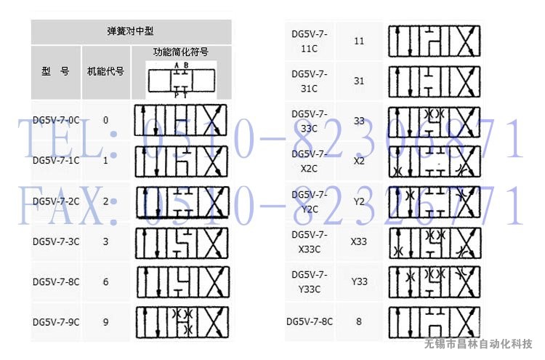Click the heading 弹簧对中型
click(131, 31)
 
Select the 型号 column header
click(55, 71)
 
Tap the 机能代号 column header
click(105, 71)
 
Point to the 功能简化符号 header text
click(181, 52)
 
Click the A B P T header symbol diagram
click(181, 80)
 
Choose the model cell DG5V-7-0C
click(56, 120)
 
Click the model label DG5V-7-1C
click(56, 160)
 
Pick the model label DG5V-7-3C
click(56, 241)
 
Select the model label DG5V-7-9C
click(56, 321)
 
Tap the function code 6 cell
click(106, 281)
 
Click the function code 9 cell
click(106, 321)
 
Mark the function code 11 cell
click(359, 41)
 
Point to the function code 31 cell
click(359, 81)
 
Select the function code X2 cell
click(359, 161)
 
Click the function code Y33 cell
click(359, 281)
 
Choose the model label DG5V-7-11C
click(310, 41)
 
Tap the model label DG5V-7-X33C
click(310, 241)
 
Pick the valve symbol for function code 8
click(435, 321)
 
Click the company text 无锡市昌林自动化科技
click(478, 343)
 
